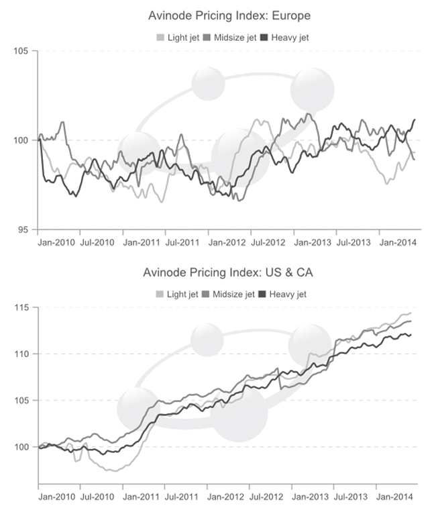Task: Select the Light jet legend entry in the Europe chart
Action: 176,37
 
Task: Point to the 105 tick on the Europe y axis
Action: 23,50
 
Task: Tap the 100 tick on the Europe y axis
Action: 23,140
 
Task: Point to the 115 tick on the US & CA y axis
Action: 23,307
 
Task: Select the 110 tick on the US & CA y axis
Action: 23,354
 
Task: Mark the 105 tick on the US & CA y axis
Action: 23,401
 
